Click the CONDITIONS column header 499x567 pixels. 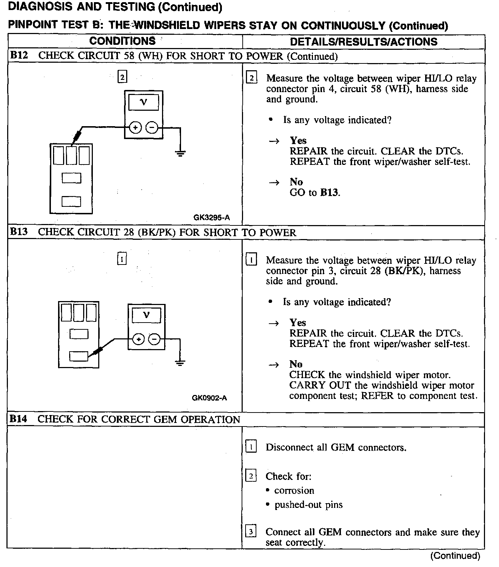[x=123, y=41]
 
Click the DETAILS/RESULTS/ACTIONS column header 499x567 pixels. [x=363, y=42]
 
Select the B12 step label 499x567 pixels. [x=19, y=56]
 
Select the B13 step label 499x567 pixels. [x=19, y=232]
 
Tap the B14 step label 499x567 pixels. [x=19, y=419]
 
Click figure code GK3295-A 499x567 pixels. [x=212, y=218]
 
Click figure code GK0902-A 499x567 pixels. [x=209, y=398]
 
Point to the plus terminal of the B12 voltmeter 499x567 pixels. [x=135, y=128]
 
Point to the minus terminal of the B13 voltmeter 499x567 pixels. [x=155, y=339]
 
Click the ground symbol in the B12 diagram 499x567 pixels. [x=180, y=153]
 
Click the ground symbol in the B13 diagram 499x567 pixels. [x=180, y=363]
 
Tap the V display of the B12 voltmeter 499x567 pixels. [x=144, y=103]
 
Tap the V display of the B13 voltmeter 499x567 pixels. [x=146, y=315]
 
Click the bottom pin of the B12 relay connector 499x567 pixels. [x=71, y=201]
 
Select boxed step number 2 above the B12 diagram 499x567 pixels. [x=123, y=77]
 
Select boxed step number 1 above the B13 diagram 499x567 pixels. [x=122, y=259]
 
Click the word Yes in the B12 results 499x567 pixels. [x=298, y=140]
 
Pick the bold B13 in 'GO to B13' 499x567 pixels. [x=329, y=193]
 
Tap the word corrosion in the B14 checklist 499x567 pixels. [x=294, y=490]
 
